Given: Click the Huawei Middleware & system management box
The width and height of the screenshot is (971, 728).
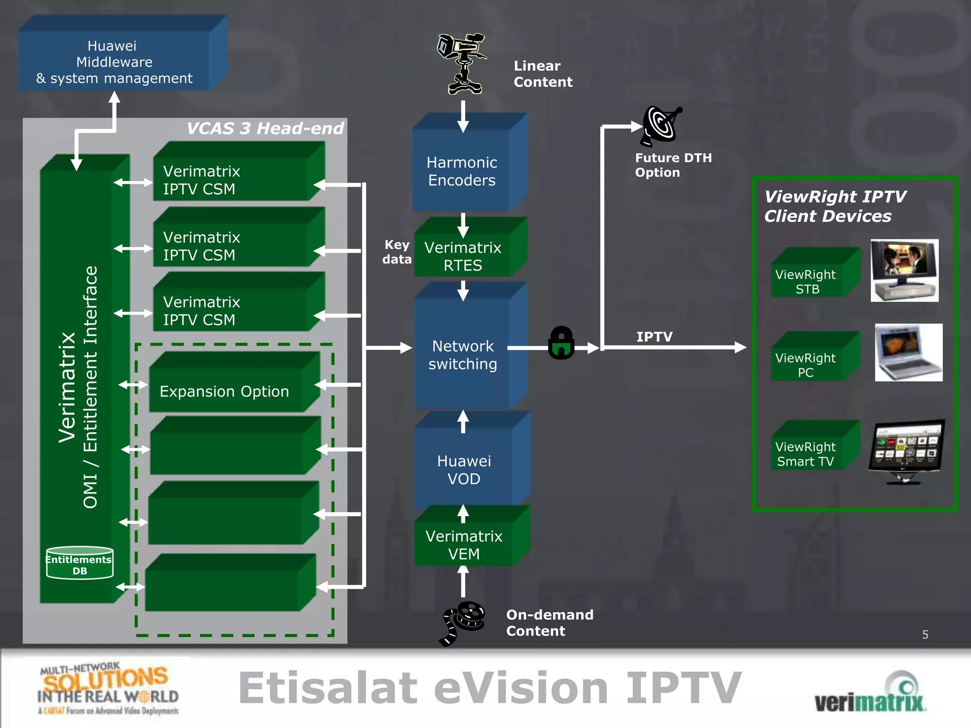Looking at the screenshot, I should [x=114, y=62].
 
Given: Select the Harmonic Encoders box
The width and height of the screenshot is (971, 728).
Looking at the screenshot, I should [x=462, y=171].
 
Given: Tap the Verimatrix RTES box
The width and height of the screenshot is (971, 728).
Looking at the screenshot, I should [x=463, y=256].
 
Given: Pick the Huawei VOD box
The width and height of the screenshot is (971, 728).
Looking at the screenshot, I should [x=464, y=469].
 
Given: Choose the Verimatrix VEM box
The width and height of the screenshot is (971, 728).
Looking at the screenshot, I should [x=464, y=545].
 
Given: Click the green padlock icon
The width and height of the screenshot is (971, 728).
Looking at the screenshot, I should [x=561, y=343].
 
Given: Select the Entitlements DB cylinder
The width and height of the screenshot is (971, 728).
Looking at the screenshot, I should [x=80, y=563].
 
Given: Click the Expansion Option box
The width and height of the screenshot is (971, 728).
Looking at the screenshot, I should [x=225, y=391].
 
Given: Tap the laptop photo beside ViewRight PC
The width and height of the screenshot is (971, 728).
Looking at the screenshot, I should [x=908, y=353].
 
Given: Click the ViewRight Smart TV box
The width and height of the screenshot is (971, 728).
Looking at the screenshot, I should [x=806, y=454].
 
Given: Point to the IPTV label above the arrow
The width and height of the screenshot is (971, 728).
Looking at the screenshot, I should [x=654, y=337].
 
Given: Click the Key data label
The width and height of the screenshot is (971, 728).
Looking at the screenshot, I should [x=397, y=252].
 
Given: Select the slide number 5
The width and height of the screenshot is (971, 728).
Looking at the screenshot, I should [x=925, y=635].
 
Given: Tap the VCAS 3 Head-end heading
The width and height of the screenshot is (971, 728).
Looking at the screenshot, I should [x=265, y=128].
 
